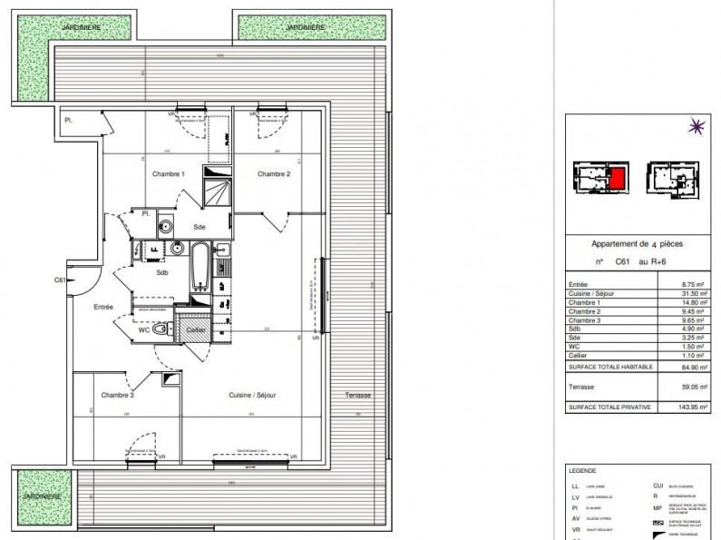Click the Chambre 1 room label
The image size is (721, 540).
point(169,174)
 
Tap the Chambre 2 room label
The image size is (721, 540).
point(273,174)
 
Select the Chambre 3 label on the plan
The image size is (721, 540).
point(118,395)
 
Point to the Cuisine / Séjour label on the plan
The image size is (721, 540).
point(253,395)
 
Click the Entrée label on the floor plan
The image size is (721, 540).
point(102,307)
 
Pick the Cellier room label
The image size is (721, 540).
point(196,330)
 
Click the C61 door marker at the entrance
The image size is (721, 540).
point(60,280)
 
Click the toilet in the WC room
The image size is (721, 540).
point(161,333)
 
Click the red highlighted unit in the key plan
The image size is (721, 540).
point(617,179)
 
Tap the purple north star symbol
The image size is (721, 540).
point(697,128)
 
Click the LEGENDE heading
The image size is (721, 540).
point(581,472)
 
